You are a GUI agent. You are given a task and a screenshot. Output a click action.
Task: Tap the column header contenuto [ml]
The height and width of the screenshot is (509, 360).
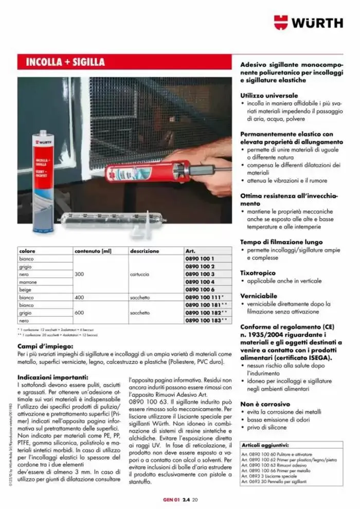tap(93, 251)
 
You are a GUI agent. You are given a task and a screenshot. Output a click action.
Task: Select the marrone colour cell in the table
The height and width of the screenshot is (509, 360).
tap(28, 282)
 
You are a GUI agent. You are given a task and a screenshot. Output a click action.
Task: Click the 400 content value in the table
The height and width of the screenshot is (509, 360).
tap(79, 297)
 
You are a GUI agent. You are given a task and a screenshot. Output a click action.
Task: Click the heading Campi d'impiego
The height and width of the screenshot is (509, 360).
tap(46, 347)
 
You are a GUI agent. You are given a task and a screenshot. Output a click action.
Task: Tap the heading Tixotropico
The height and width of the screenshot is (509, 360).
tap(258, 272)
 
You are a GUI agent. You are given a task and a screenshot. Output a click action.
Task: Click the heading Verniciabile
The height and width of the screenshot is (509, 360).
tap(259, 296)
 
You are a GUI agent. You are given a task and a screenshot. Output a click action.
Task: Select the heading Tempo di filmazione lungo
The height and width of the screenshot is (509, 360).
tap(281, 242)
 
